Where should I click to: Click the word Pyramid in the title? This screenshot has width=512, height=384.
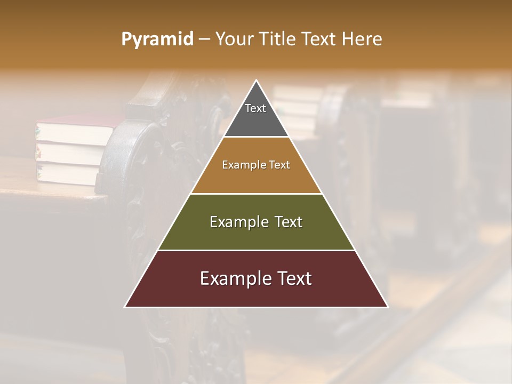(x=157, y=39)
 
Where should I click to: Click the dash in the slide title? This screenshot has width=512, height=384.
(x=204, y=39)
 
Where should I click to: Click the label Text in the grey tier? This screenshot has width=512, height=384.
(x=255, y=108)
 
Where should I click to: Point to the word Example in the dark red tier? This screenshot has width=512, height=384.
(x=233, y=278)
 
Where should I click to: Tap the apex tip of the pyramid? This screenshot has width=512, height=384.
(x=256, y=81)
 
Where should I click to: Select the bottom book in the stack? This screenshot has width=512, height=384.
(x=67, y=173)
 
